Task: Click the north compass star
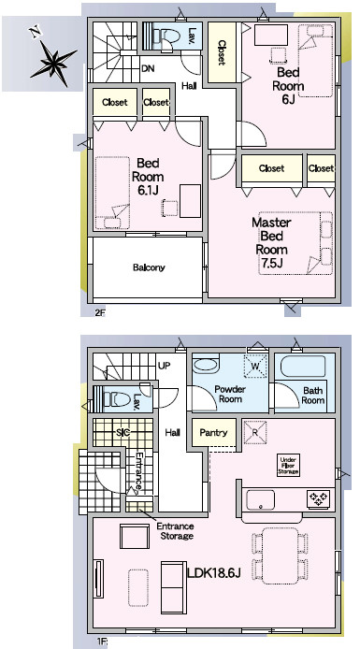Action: [x=54, y=64]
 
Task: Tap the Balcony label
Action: [x=149, y=267]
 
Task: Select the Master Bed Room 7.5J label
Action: [x=272, y=243]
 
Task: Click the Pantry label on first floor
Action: [x=213, y=433]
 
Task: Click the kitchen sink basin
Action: [x=260, y=500]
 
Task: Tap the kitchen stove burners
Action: [x=318, y=498]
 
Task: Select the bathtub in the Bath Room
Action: [x=303, y=366]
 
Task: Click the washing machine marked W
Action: [x=256, y=367]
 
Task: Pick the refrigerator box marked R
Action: [x=255, y=432]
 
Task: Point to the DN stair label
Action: [x=148, y=68]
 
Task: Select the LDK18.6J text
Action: [x=214, y=573]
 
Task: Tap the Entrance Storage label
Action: [x=175, y=531]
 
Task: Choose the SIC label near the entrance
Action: [x=123, y=433]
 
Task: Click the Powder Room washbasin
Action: [x=205, y=366]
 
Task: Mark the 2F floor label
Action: [x=100, y=312]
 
